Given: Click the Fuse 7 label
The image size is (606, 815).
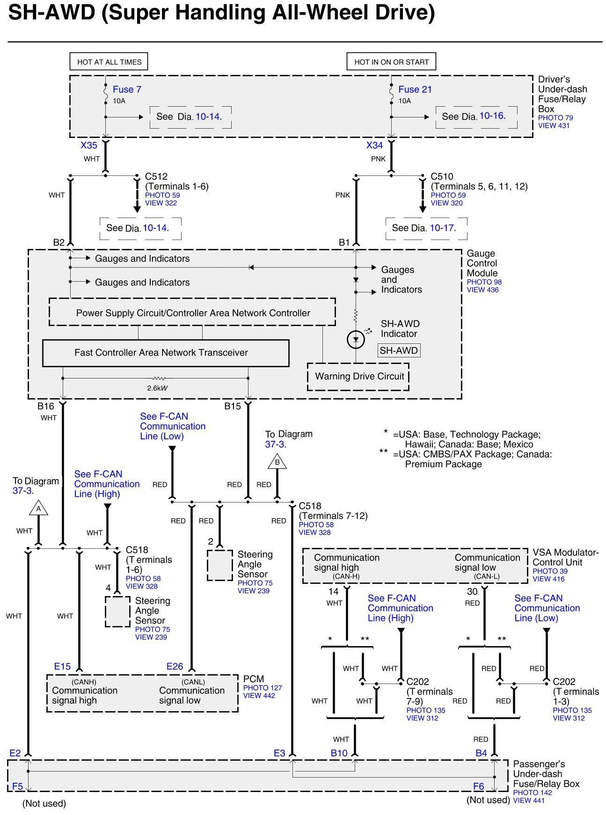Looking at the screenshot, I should coord(127,89).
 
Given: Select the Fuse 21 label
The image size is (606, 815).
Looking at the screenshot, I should coord(415,89).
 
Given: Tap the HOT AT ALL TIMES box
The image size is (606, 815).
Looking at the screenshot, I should coord(109,62).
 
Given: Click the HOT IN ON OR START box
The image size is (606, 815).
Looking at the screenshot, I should coord(391,62).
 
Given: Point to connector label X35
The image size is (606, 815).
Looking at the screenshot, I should coord(89,145).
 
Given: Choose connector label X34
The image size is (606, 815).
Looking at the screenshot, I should coord(375,145).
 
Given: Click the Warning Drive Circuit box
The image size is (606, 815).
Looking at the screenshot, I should coord(359,376).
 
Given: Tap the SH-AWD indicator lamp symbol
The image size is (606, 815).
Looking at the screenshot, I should coord(356,339).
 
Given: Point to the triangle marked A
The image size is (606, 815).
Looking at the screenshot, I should coord(38,509).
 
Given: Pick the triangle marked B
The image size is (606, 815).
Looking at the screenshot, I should coord(277,462).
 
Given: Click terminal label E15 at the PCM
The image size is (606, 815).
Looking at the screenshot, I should coord(62,666).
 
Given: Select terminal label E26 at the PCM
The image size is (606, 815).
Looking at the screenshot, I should coord(175,666).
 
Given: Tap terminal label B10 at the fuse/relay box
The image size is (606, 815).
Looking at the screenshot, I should coord(339,753).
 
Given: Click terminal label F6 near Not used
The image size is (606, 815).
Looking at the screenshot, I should coord(478,786).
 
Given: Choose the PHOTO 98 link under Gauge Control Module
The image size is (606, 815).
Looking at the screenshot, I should coord(484,282).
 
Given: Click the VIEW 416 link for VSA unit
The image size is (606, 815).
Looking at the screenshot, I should coord(548,579).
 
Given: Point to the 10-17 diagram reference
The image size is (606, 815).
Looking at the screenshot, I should coord(442,228).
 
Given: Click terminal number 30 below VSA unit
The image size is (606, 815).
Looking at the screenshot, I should coord(472,592).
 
